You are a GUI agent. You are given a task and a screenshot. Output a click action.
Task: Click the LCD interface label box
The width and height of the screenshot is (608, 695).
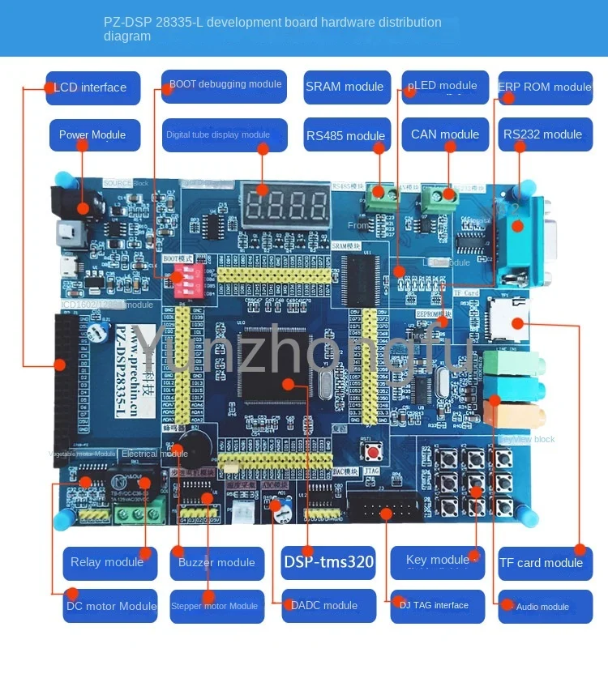click(x=92, y=87)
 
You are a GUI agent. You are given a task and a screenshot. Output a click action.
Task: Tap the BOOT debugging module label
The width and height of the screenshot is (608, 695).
click(x=225, y=85)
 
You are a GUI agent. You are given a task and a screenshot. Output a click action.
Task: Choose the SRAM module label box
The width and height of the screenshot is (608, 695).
click(x=345, y=87)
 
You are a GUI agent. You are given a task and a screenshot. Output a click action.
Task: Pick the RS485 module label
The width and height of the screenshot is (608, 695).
click(x=345, y=135)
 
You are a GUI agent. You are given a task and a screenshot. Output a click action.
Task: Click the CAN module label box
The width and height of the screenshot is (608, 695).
click(x=444, y=134)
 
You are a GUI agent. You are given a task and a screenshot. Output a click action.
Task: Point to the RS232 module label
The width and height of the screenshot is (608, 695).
click(x=542, y=134)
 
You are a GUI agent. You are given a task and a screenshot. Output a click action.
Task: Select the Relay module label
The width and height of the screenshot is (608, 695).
click(x=109, y=562)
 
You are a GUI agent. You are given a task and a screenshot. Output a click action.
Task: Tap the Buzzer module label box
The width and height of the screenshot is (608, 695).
click(x=217, y=562)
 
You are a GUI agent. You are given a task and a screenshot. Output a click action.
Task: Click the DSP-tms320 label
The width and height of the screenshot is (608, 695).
click(x=328, y=562)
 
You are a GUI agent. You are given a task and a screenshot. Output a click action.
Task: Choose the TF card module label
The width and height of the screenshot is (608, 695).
click(x=542, y=563)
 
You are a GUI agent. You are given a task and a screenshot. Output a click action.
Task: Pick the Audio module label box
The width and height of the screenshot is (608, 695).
click(x=543, y=606)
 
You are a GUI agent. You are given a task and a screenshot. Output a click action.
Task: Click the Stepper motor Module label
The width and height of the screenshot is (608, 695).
click(x=214, y=606)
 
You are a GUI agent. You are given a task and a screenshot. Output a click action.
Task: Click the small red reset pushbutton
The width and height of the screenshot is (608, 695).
click(x=375, y=450)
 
